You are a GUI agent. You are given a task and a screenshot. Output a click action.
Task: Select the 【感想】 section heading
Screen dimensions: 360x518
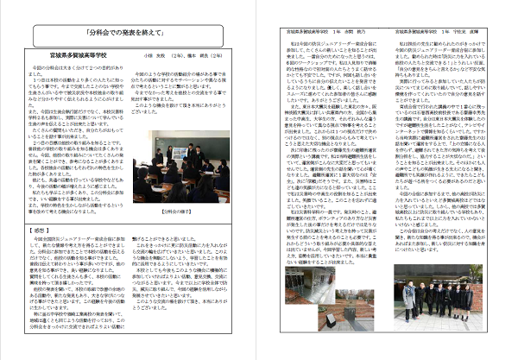tap(38, 205)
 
